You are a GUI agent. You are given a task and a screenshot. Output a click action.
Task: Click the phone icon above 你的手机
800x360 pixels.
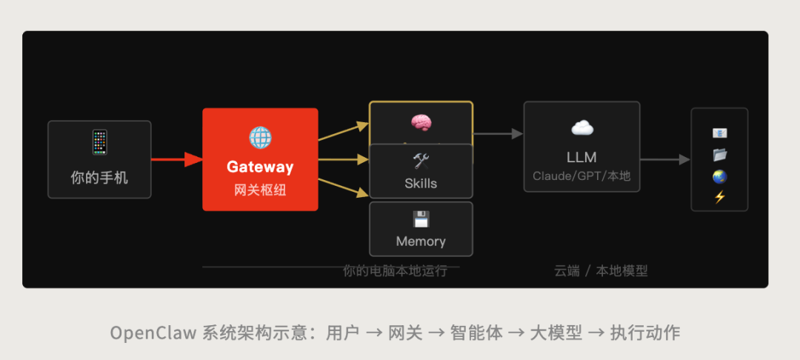(99, 142)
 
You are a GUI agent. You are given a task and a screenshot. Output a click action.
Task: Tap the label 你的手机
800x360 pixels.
(99, 178)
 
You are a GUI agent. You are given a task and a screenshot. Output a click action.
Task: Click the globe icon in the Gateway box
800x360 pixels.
(260, 137)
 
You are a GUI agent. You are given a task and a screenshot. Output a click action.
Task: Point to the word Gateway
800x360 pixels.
(260, 167)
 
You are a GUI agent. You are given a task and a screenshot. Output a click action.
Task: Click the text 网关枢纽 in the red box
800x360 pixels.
(260, 190)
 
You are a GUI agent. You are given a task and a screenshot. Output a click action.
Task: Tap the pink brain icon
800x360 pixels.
(421, 123)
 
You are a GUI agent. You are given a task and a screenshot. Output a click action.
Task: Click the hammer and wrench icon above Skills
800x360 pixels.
(421, 161)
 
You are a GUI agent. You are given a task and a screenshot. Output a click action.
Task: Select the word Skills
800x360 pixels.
(421, 184)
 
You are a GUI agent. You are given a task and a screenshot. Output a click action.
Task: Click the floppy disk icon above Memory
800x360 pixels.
(421, 219)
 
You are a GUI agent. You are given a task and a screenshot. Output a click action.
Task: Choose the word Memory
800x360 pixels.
(421, 241)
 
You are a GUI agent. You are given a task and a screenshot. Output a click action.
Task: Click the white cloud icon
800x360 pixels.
(581, 128)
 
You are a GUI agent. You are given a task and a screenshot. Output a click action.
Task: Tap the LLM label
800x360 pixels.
(581, 157)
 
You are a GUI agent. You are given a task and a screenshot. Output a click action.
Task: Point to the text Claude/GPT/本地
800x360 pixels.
(581, 177)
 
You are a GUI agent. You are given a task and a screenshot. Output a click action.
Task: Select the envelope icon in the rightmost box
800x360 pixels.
(719, 133)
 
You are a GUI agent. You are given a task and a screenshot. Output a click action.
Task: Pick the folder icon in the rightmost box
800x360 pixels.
(719, 155)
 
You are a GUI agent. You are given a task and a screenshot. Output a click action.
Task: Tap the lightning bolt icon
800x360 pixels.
(719, 197)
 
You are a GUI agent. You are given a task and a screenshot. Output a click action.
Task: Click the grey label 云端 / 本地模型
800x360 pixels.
(601, 271)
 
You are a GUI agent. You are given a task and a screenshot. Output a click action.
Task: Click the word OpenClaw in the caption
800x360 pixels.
(153, 333)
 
